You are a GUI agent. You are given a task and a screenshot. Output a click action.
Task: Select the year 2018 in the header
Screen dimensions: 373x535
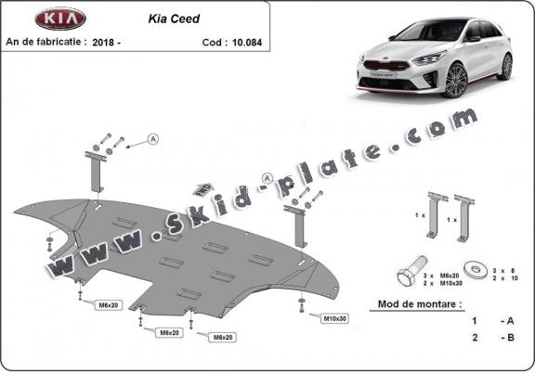point(111,42)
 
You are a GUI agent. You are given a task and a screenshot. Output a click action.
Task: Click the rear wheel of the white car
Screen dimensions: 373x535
point(506,67)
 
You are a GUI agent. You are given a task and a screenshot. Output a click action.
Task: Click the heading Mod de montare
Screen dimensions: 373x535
point(419,303)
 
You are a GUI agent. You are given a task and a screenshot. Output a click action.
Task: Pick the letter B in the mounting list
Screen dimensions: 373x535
point(510,336)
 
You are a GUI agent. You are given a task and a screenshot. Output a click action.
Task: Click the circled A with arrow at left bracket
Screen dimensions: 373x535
point(153,139)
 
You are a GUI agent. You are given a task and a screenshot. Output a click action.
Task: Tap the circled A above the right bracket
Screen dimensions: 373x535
point(267,177)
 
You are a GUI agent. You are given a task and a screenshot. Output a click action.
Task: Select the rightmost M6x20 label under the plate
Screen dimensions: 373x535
point(222,337)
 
